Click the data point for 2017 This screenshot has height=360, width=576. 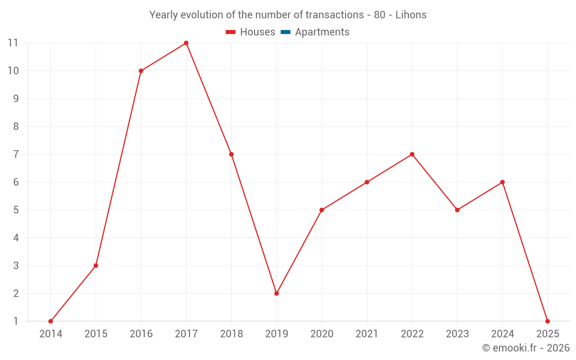coord(186,43)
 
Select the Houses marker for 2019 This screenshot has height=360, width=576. coord(276,293)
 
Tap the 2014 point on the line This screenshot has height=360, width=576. coord(51,321)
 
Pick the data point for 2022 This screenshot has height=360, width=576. coord(412,154)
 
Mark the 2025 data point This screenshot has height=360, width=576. coord(547,321)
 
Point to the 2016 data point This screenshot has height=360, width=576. coord(141,71)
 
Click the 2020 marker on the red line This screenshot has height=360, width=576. coord(321,210)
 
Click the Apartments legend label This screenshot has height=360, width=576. coord(322,32)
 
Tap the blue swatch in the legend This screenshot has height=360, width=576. coord(285,32)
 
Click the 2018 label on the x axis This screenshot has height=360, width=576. coord(231,334)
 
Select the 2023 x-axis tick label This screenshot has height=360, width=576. coord(457,334)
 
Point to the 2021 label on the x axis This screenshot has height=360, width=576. coord(366,334)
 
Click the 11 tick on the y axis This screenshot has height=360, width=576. coord(13,43)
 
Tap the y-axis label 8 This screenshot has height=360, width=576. coord(16,127)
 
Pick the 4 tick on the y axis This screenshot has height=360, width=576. coord(16,238)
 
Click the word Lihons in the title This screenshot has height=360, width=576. coord(411,15)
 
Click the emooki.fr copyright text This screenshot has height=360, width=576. coord(525,348)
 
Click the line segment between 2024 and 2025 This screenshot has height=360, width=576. coord(525,251)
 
